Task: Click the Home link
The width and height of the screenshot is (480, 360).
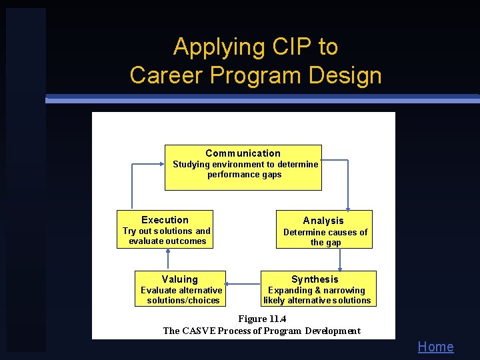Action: coord(435,347)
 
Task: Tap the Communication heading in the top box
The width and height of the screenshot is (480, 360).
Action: coord(243,153)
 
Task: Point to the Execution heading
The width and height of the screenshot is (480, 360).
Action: coord(165,220)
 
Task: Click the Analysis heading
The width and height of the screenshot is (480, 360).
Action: coord(323,221)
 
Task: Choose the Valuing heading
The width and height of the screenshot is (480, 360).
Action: coord(179,279)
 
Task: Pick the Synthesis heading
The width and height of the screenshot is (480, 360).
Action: coord(315,279)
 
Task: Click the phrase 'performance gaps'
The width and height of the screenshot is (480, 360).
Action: coord(244,175)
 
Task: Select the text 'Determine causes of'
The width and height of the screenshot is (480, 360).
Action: coord(325,232)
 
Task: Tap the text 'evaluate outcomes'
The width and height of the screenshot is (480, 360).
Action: coord(167,241)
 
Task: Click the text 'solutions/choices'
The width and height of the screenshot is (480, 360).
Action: coord(183,301)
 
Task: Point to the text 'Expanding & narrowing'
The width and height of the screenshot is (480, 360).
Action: coord(316,290)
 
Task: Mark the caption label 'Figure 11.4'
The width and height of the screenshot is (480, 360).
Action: coord(261,319)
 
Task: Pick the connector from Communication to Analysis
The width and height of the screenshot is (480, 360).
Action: coord(347,183)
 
